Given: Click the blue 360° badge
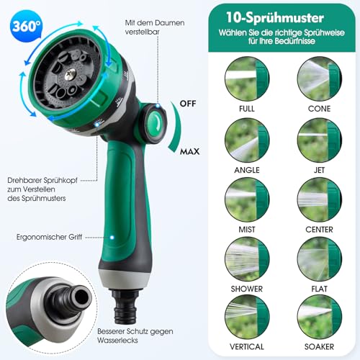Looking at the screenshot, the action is point(26,26).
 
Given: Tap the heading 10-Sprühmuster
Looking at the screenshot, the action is point(275,18).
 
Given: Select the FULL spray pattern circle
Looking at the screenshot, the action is point(247,78).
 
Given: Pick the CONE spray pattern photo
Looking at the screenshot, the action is point(319,78).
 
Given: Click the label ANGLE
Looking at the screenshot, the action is point(247,170).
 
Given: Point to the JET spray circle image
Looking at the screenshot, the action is point(319,140).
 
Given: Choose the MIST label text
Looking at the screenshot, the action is point(247,230).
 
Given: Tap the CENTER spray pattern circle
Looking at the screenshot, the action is point(319,199).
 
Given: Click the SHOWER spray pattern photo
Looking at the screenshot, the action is point(247,259).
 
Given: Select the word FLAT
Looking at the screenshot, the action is point(319,289).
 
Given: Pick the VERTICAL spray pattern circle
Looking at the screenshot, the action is point(247,317).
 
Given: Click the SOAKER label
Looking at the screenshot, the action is point(319,346).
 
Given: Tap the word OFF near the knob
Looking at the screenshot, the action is point(188,104).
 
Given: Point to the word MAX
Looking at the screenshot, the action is point(190,151).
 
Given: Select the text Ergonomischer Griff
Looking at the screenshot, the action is point(49,237).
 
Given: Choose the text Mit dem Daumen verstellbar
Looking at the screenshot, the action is point(155,27).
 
